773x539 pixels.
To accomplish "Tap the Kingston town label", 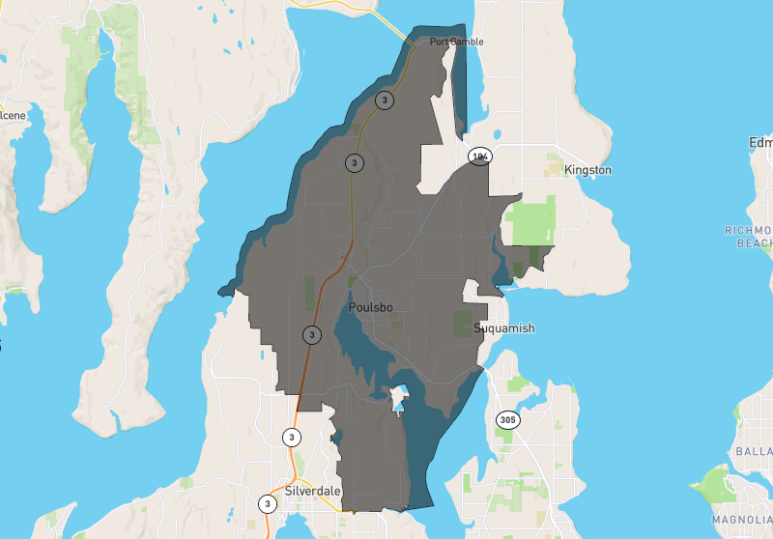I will click(x=587, y=170).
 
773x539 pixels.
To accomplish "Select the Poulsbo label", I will click(x=370, y=306).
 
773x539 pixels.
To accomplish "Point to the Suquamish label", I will click(x=503, y=328).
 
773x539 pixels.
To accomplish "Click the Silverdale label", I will click(x=314, y=491).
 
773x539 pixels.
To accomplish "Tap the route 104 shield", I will click(x=479, y=156).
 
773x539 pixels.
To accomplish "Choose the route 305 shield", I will click(x=507, y=419).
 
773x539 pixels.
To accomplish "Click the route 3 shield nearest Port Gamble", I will click(x=386, y=99).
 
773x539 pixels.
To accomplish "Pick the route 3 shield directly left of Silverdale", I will click(x=267, y=503).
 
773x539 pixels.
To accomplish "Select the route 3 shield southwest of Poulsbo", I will click(x=311, y=335).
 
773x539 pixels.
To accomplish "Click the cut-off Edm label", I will click(x=760, y=143).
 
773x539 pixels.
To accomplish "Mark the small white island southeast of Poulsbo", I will click(x=398, y=397).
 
